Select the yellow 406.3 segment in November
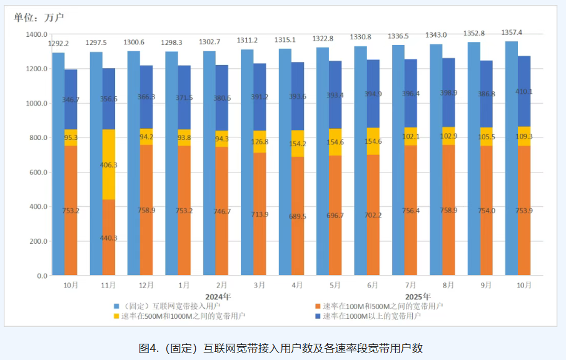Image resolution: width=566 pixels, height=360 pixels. [109, 165]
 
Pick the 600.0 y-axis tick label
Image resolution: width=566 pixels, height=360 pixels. [37, 172]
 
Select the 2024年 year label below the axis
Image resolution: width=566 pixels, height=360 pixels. [218, 296]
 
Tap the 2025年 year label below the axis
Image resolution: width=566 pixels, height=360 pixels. [418, 296]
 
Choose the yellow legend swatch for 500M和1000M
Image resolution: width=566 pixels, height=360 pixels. [116, 316]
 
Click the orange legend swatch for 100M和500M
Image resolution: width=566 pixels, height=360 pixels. [318, 306]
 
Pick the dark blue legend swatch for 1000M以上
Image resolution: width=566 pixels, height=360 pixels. [318, 316]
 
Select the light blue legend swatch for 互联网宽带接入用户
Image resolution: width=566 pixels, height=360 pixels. [116, 306]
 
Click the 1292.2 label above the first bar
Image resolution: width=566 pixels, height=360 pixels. [59, 44]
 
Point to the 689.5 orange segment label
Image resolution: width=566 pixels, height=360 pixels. [298, 216]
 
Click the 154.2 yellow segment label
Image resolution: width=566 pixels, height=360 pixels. [298, 143]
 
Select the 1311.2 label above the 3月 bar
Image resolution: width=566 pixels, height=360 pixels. [248, 40]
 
